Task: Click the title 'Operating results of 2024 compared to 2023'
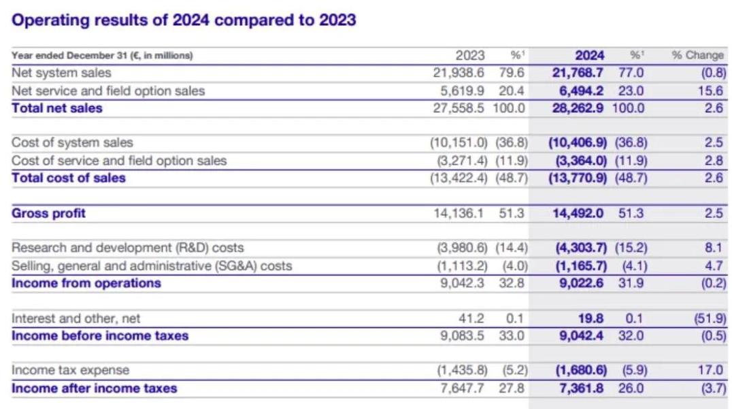point(184,20)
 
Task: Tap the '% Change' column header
point(698,56)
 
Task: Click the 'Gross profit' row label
point(49,214)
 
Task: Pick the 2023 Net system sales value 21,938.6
point(459,73)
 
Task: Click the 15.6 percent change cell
point(713,91)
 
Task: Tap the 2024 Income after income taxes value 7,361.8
point(581,389)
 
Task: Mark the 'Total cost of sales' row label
point(69,178)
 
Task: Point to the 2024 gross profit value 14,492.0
point(578,214)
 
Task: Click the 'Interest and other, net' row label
point(76,318)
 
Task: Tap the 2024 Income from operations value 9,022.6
point(581,283)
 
